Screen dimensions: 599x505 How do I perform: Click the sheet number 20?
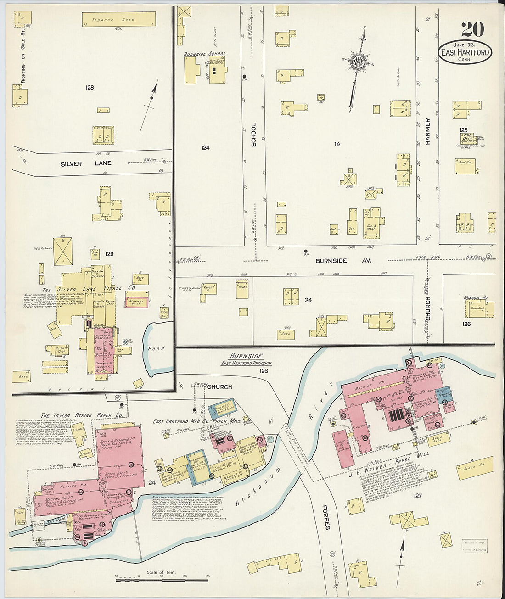click(x=472, y=29)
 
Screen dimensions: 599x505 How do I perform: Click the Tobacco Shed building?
click(x=119, y=20)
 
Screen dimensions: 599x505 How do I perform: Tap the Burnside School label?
click(x=204, y=54)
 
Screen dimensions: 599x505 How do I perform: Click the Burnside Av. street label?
click(x=343, y=261)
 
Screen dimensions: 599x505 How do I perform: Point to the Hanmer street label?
click(x=427, y=132)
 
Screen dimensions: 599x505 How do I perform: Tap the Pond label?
click(x=156, y=349)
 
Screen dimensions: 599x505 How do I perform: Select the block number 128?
click(x=90, y=87)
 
